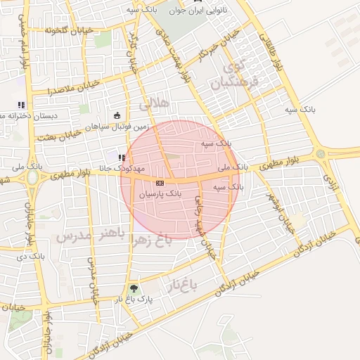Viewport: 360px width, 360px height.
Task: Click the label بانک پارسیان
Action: point(160,191)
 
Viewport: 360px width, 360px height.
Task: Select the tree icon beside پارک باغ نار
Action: point(134,288)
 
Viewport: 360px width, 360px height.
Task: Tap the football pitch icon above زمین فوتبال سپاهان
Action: point(117,116)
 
